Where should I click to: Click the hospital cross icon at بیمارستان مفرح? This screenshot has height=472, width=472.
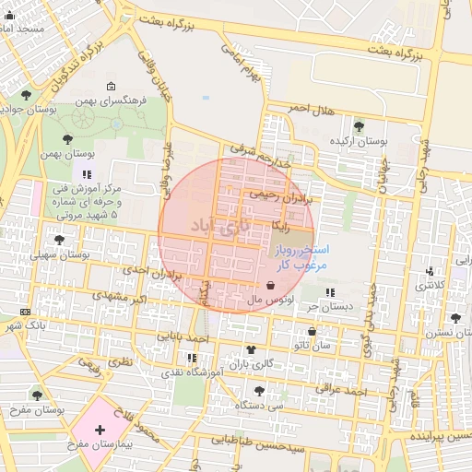click(x=100, y=430)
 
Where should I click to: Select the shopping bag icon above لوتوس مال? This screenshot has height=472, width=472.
click(x=269, y=285)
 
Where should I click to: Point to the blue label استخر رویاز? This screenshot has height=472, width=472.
click(x=295, y=249)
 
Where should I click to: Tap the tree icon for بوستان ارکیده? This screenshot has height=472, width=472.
click(x=358, y=126)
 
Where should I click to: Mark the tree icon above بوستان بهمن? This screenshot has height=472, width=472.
click(x=66, y=138)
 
